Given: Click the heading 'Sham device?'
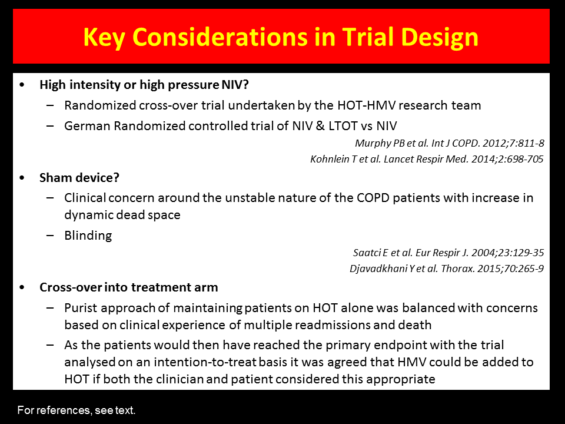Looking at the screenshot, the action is pyautogui.click(x=79, y=177).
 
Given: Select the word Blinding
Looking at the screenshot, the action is pyautogui.click(x=88, y=236).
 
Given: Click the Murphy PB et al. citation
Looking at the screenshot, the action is pyautogui.click(x=449, y=143).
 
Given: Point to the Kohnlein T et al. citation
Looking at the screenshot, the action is pyautogui.click(x=427, y=159).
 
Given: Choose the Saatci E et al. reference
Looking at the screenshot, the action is pyautogui.click(x=448, y=253).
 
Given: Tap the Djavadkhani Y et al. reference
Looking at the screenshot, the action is pyautogui.click(x=447, y=269).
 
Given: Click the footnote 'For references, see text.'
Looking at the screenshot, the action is pyautogui.click(x=77, y=410).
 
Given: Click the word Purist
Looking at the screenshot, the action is pyautogui.click(x=81, y=308).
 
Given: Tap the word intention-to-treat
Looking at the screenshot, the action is pyautogui.click(x=205, y=362).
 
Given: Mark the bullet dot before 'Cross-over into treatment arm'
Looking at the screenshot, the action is pyautogui.click(x=22, y=287).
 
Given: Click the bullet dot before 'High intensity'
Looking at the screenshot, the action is pyautogui.click(x=22, y=85).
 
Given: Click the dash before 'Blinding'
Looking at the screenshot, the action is pyautogui.click(x=50, y=236).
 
